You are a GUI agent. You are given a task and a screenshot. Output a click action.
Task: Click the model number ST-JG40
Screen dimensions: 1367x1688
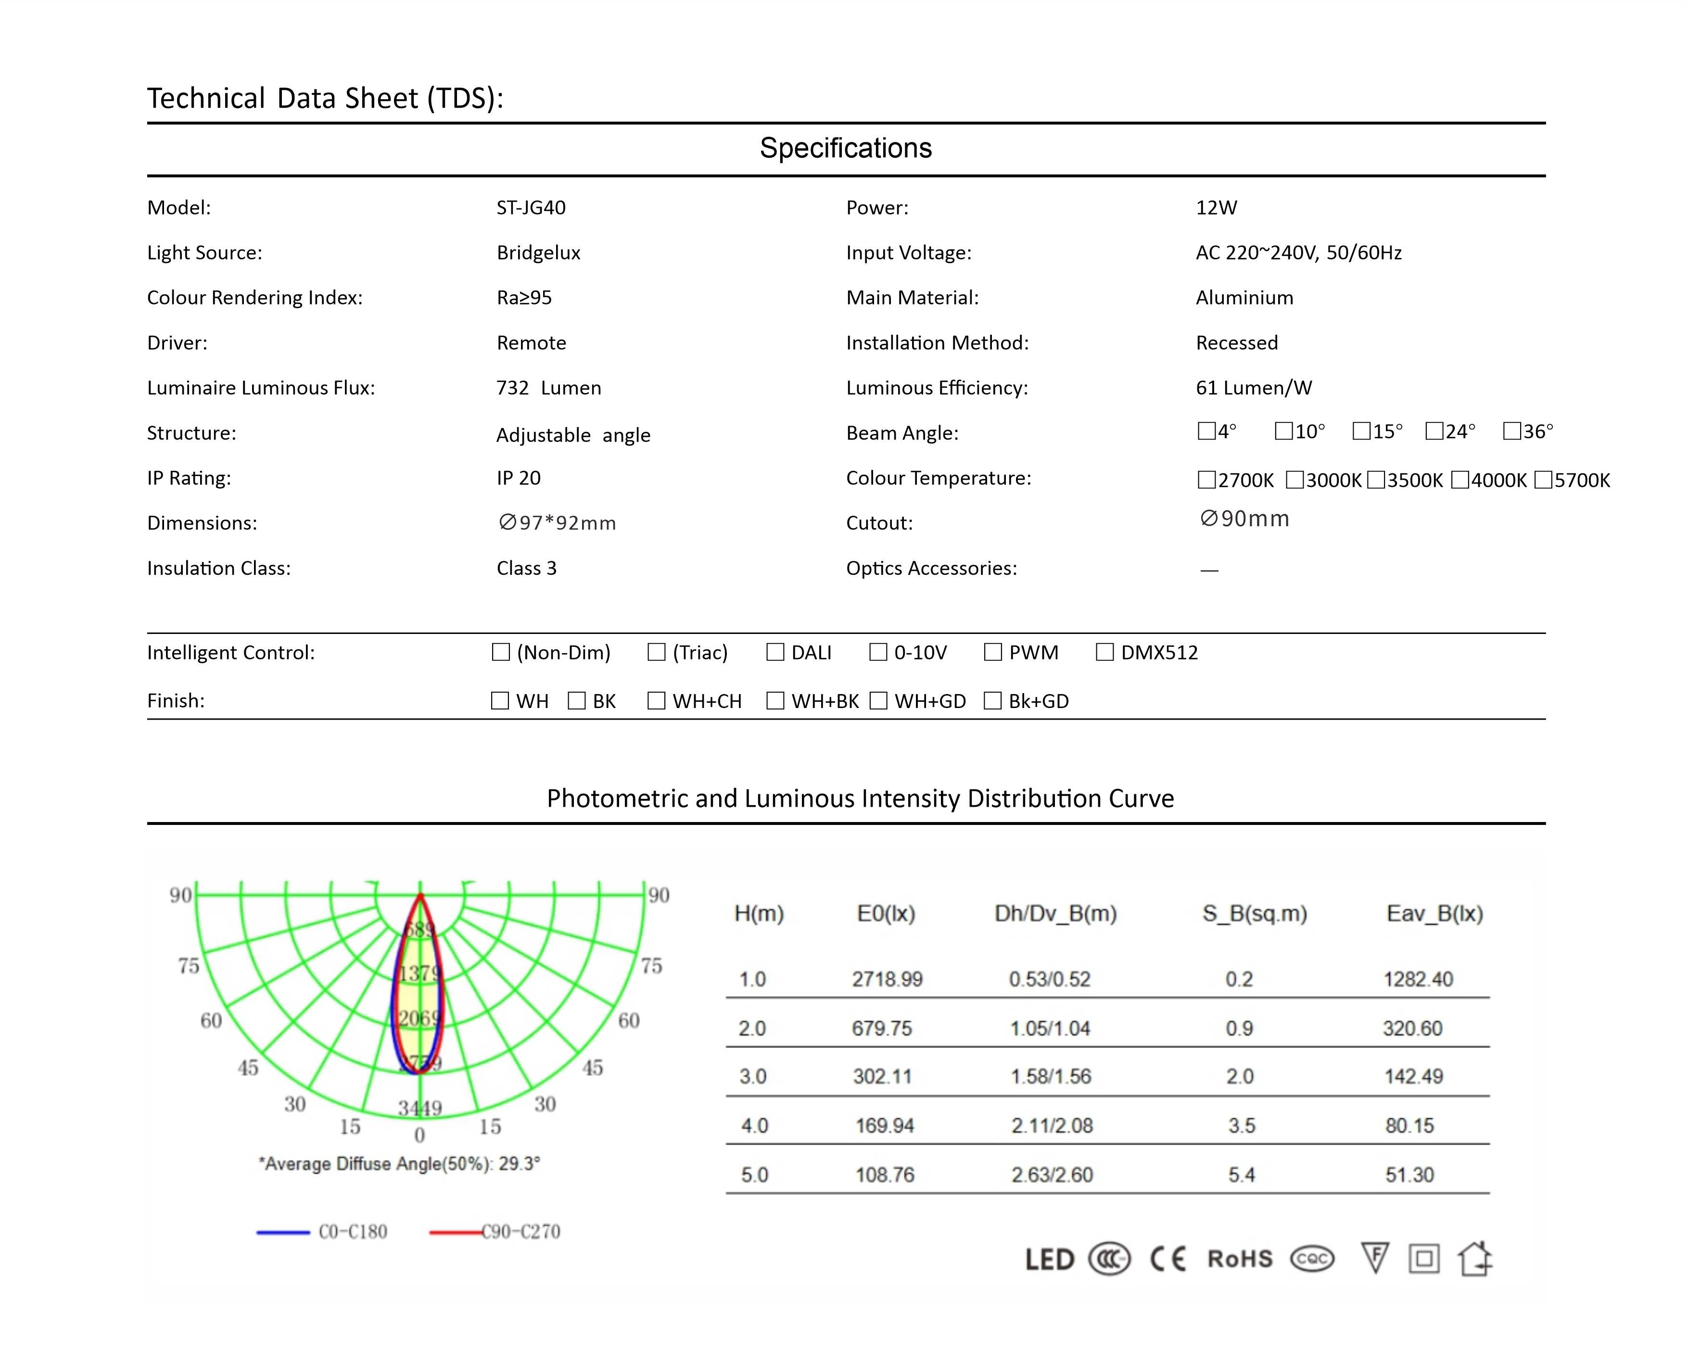coord(531,208)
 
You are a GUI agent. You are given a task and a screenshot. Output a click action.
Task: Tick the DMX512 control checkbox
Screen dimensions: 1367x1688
coord(1104,652)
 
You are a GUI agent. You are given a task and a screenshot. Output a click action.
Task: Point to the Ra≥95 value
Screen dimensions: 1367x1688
coord(523,298)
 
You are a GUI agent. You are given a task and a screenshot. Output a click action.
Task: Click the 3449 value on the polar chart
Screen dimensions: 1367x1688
coord(419,1109)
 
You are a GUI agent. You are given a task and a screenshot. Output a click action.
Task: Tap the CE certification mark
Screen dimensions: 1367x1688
coord(1168,1258)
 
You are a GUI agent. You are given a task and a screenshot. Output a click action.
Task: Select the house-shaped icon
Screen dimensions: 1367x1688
coord(1474,1258)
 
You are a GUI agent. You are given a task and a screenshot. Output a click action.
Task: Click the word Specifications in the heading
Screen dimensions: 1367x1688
coord(846,148)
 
